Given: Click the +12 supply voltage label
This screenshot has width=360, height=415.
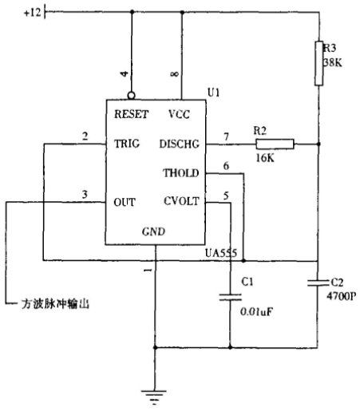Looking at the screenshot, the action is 33,12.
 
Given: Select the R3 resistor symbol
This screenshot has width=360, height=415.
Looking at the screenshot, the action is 318,63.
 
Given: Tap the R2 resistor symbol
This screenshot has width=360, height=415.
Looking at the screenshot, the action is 275,144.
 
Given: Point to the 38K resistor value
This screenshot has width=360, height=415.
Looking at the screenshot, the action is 333,62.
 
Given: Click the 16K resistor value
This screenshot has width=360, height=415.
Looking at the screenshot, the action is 265,158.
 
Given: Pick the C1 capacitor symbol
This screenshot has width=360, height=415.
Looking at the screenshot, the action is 231,297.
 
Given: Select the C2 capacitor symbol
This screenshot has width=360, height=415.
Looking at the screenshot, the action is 318,283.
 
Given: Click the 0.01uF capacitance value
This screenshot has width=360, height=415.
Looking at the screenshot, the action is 257,311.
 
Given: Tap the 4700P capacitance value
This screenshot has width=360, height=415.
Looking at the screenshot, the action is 341,296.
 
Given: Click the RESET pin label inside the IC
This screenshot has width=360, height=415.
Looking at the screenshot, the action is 131,114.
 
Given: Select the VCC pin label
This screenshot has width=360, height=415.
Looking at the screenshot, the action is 179,114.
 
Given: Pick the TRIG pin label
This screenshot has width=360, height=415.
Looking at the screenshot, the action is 127,144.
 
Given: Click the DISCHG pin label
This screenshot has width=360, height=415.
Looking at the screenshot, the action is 180,144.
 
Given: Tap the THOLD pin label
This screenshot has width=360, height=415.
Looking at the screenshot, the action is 181,173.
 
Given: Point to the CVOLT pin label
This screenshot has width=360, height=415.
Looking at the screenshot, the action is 181,201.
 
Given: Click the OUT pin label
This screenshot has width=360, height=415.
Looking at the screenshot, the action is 125,202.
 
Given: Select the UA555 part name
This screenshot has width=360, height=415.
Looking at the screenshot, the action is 221,253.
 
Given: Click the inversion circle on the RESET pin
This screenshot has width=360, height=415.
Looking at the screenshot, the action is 132,96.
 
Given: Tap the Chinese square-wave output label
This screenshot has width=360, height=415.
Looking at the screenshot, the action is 55,304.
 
